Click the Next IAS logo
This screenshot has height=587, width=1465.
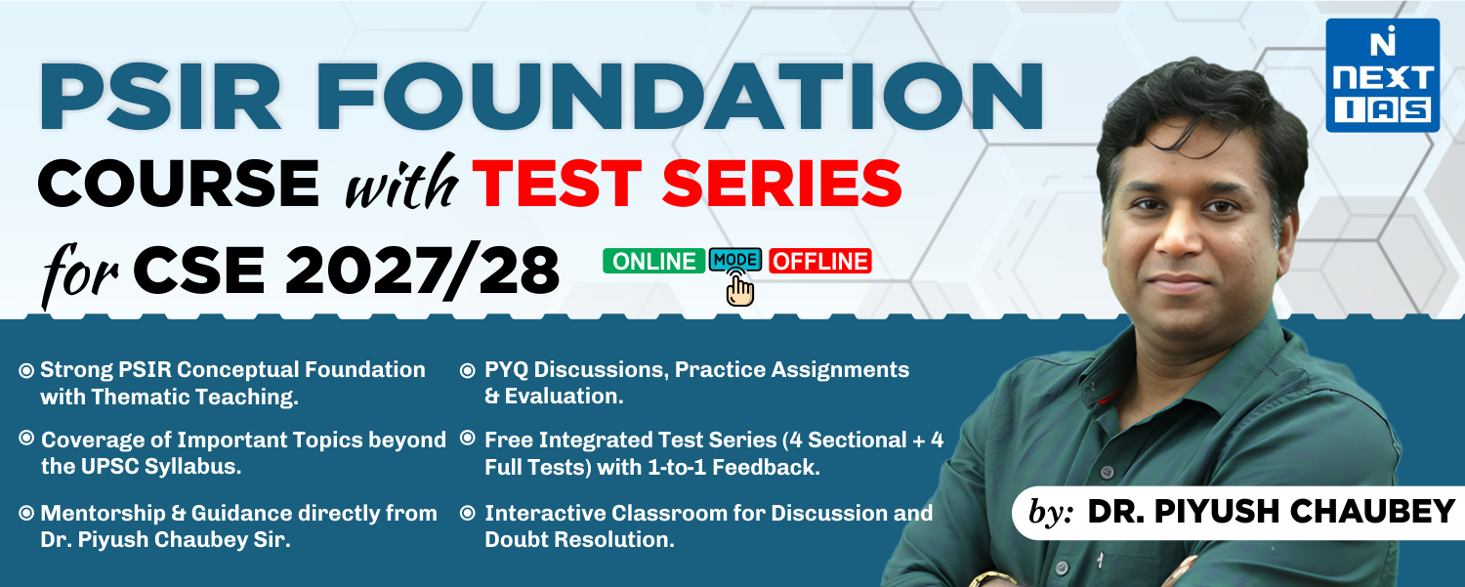point(1381,75)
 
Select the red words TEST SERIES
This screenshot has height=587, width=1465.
point(687,184)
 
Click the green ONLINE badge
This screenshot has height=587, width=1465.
point(652,261)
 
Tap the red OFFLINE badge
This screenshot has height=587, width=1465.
point(819,261)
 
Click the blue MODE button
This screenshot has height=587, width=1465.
point(735,260)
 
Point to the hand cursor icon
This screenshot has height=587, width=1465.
point(741,289)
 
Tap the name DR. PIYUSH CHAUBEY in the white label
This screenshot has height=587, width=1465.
point(1271,511)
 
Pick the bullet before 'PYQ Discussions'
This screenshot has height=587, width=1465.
point(467,371)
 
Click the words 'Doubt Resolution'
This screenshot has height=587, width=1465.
point(579,539)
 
